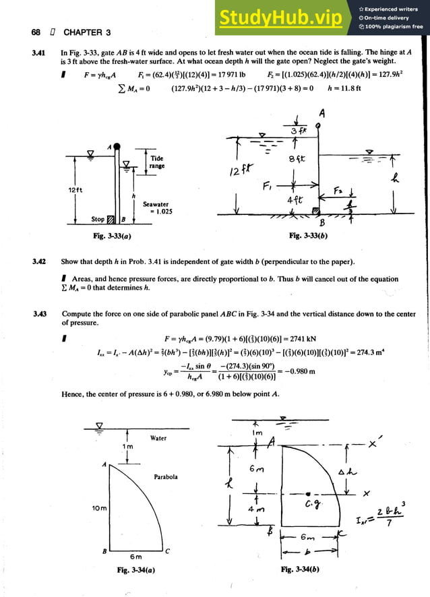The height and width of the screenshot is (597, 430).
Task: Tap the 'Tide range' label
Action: (x=157, y=162)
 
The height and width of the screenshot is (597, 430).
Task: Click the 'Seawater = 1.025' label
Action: (x=156, y=208)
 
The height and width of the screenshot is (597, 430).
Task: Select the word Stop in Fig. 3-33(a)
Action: (x=98, y=219)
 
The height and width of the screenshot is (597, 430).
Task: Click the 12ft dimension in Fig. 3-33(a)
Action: (x=75, y=190)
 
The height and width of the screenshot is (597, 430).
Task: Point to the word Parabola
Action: (x=165, y=476)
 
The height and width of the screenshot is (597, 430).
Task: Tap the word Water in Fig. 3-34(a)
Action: (x=158, y=438)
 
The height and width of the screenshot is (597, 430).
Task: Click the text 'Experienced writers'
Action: (x=394, y=9)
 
